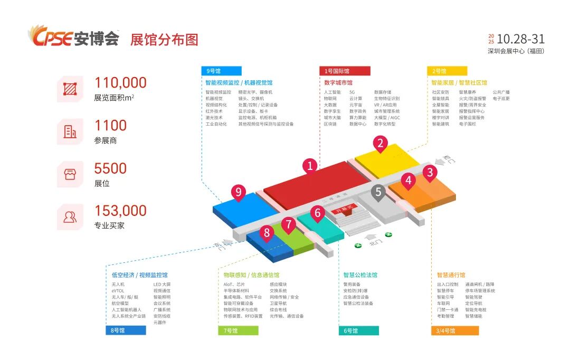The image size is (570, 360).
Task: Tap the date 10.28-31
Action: [x=520, y=39]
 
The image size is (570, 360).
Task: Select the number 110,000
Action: [x=120, y=83]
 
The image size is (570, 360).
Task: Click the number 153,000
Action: [x=120, y=211]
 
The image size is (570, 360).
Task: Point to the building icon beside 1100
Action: [x=70, y=131]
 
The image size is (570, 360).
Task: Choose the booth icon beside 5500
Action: [x=70, y=174]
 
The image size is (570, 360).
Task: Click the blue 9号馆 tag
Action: [x=221, y=71]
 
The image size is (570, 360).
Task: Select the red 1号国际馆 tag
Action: [x=345, y=71]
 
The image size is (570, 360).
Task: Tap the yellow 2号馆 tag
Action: [x=447, y=71]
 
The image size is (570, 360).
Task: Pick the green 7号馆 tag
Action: [x=238, y=331]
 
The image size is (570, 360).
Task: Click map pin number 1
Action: [x=310, y=166]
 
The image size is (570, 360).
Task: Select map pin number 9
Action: [x=239, y=192]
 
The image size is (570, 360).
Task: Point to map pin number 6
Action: [x=318, y=213]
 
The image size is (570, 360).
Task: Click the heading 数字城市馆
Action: [x=338, y=83]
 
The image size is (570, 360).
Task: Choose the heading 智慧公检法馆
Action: [x=360, y=275]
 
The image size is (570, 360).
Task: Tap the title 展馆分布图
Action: [x=164, y=40]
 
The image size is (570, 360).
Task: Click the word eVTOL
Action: [x=119, y=291]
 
